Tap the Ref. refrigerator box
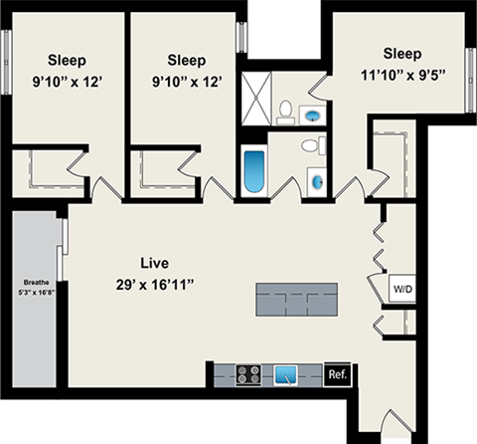tap(337, 374)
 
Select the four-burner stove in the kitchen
tap(249, 375)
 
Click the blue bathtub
tap(254, 172)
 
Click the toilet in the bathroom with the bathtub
tap(311, 146)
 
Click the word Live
tap(154, 264)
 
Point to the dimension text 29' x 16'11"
tap(154, 286)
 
